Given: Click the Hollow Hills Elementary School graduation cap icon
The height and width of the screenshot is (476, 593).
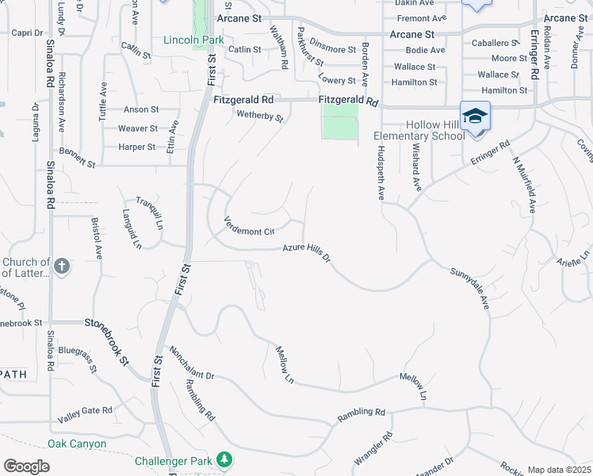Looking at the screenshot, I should tap(475, 117).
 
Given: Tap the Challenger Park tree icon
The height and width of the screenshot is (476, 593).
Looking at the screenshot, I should tap(225, 459).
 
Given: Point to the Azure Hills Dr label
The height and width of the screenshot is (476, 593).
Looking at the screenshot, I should tap(306, 253).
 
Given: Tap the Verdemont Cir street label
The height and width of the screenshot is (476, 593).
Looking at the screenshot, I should tap(248, 226).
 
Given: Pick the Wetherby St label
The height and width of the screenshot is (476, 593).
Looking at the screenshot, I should tap(259, 117).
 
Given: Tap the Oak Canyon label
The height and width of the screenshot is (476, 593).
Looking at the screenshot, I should tap(77, 443).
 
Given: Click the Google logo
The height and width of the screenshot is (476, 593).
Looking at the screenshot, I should tap(26, 466).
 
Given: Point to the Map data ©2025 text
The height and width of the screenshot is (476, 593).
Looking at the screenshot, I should tap(559, 470).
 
